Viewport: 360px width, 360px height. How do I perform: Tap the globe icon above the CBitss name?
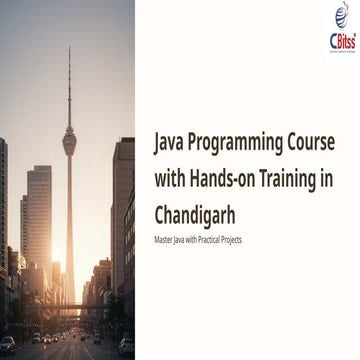341,15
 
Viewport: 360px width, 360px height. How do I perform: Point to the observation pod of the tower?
69,143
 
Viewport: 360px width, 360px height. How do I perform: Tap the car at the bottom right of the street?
126,346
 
